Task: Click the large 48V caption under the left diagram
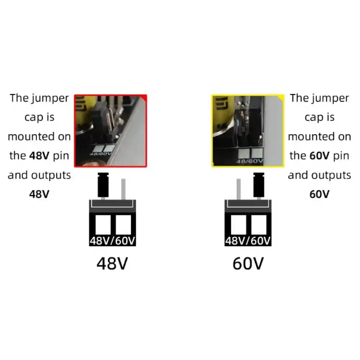click(112, 264)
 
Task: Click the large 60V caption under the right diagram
click(248, 264)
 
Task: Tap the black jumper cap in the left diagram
click(103, 185)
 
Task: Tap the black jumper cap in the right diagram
click(259, 185)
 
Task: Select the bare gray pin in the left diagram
click(123, 189)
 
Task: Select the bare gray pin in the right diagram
click(239, 189)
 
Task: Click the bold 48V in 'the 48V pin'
click(39, 156)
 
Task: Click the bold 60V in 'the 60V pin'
click(319, 156)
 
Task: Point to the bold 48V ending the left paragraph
click(39, 194)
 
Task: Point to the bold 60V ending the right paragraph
click(319, 194)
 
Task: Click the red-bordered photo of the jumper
click(111, 131)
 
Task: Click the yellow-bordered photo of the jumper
click(248, 131)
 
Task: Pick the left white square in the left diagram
click(103, 225)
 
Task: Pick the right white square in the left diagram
click(123, 225)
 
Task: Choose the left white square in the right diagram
click(238, 225)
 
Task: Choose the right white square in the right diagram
click(259, 225)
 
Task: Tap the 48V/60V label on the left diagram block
click(112, 241)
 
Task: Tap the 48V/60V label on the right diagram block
click(248, 241)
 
